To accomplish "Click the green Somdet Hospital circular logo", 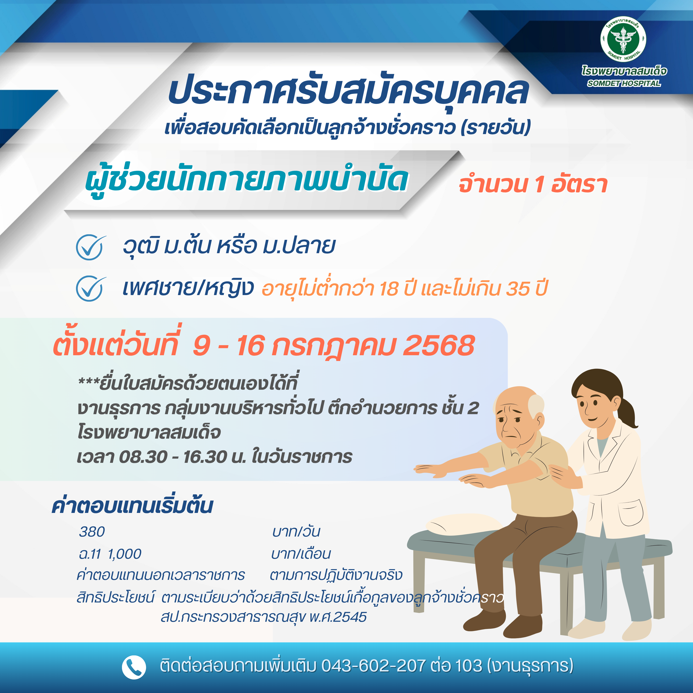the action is (x=623, y=39).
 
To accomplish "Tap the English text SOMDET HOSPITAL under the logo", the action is (x=624, y=83).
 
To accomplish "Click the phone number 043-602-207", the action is (x=373, y=666).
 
